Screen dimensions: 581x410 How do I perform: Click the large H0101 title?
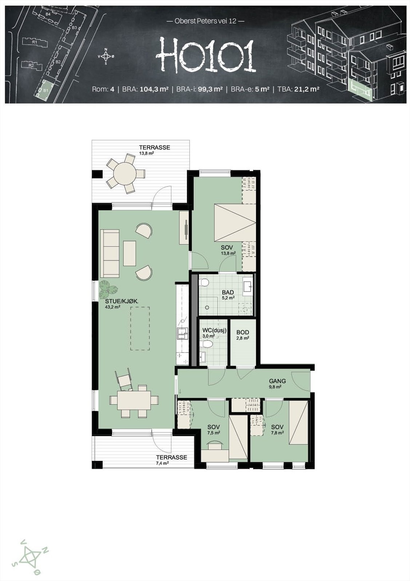205,56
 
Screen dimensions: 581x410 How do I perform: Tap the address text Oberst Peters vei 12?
205,21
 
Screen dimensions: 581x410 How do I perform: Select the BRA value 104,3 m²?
154,89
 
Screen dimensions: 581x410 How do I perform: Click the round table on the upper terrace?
125,174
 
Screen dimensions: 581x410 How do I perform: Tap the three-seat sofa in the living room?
110,253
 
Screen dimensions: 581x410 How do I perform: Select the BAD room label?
228,292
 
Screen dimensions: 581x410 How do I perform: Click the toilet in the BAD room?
204,282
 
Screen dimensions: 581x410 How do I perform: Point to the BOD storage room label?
243,332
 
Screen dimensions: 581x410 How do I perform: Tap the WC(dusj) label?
214,330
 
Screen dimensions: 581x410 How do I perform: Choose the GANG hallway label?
277,381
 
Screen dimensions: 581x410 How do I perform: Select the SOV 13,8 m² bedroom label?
227,248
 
